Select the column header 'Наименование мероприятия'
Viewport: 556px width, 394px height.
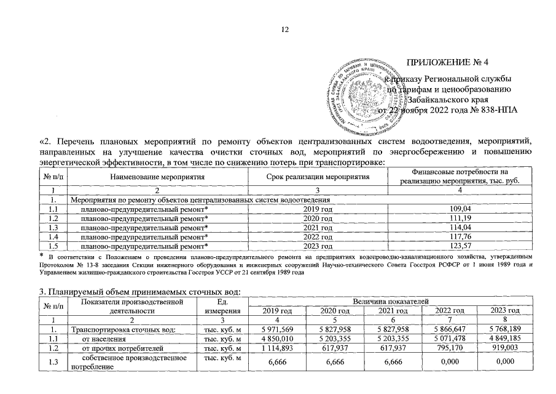tap(157, 177)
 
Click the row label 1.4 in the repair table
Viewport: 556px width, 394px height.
tap(53, 236)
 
